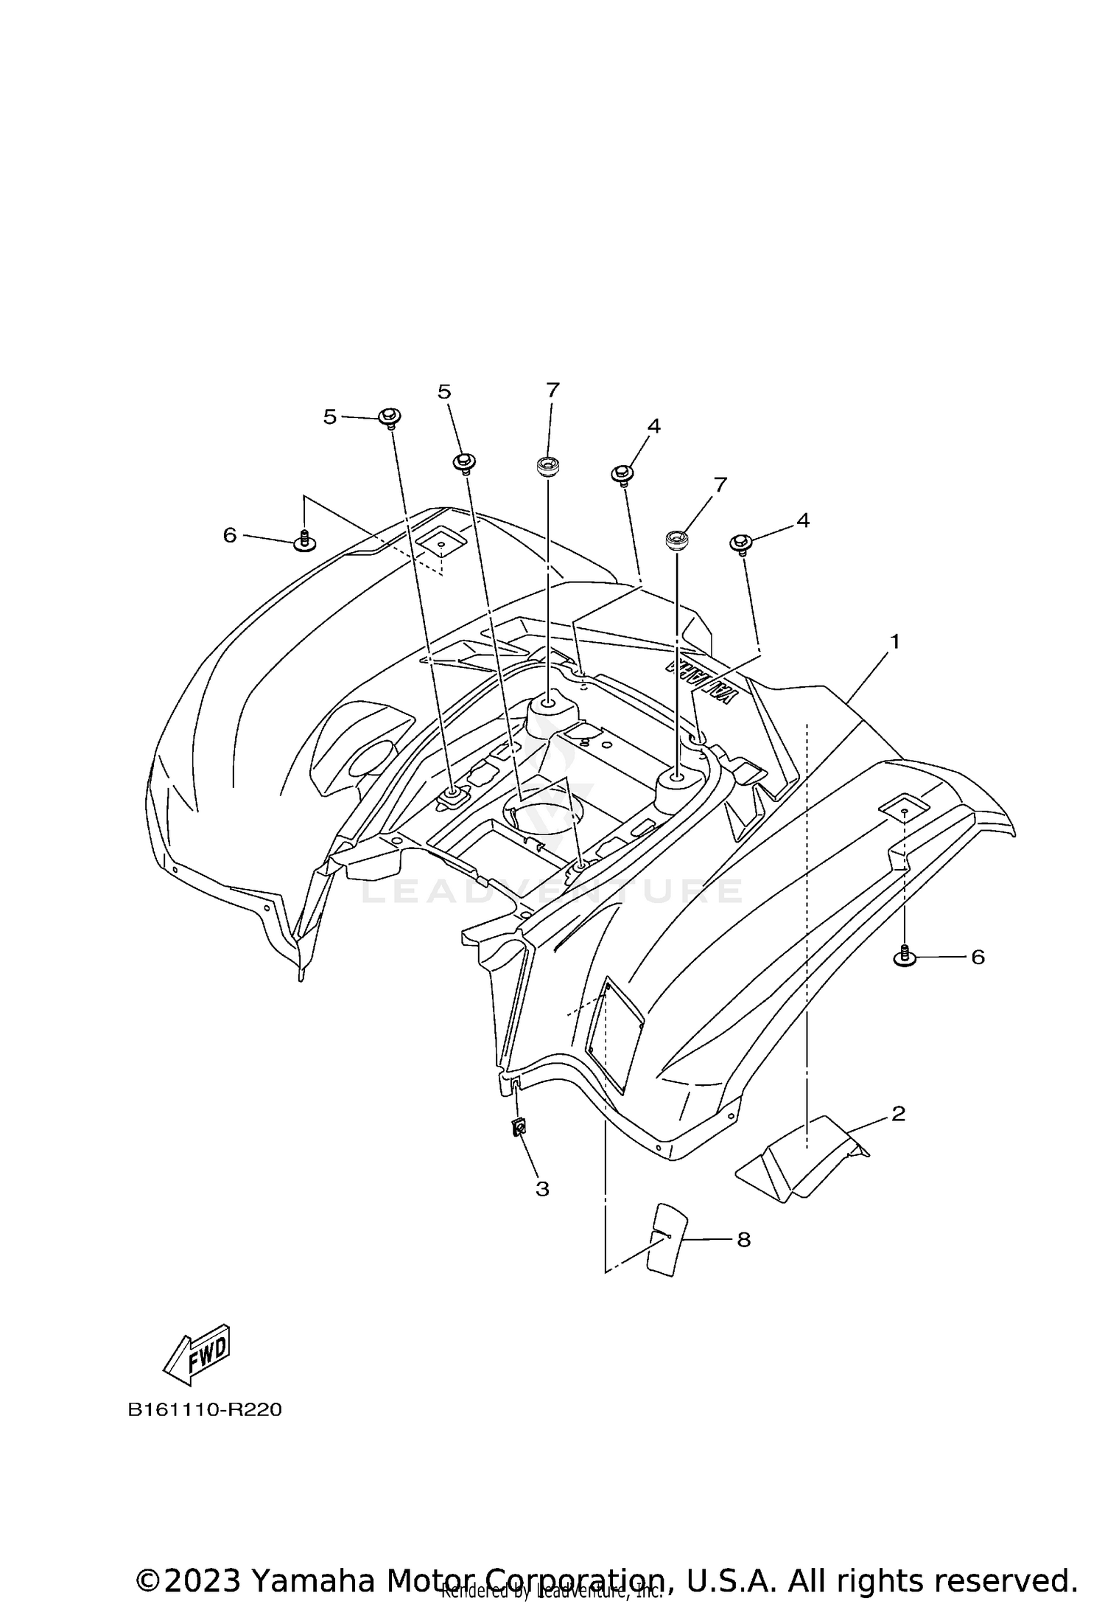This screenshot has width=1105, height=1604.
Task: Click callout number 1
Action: [x=894, y=642]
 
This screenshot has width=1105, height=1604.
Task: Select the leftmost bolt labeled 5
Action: [x=390, y=418]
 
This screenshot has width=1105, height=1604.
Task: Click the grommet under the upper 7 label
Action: [x=547, y=466]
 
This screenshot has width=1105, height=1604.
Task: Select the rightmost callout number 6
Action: [x=978, y=957]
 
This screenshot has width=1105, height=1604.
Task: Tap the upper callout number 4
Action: [x=653, y=426]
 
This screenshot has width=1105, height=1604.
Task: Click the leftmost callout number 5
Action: [x=329, y=417]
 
